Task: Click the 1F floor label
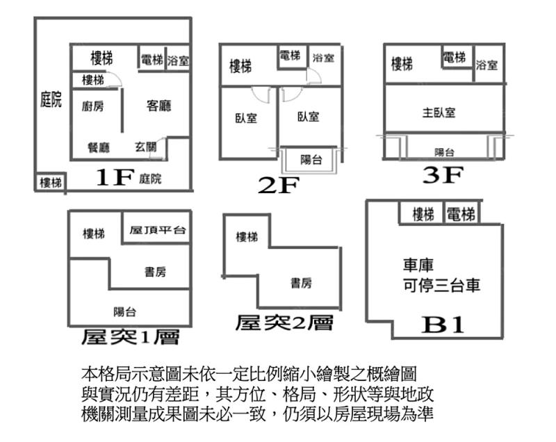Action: (115, 177)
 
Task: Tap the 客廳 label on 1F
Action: (158, 105)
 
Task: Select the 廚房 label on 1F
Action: (93, 106)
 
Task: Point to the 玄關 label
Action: (146, 147)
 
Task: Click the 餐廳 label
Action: (99, 147)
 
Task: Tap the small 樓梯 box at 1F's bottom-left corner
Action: (51, 183)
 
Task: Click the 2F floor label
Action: (279, 185)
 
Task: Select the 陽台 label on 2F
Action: (311, 160)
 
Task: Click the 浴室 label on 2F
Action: (323, 58)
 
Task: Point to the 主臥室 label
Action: (439, 113)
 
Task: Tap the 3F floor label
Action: (443, 174)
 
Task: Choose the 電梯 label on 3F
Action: (455, 57)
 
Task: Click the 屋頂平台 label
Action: (158, 230)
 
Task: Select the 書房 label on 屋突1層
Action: (155, 272)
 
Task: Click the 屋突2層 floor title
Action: (284, 323)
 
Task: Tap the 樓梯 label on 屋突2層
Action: (247, 237)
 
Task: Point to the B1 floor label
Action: (443, 325)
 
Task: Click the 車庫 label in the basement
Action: (418, 265)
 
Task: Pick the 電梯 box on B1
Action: (461, 213)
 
